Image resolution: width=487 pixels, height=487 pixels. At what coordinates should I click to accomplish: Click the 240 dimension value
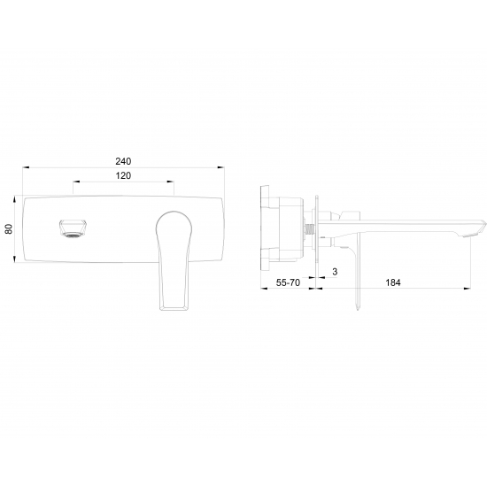click(123, 161)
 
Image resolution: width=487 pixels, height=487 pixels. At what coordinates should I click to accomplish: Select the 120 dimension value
click(123, 176)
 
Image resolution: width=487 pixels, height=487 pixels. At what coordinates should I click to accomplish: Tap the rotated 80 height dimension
click(9, 229)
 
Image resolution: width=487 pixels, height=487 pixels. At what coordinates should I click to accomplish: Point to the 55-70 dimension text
click(288, 282)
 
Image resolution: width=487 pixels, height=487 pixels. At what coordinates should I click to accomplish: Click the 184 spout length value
click(393, 282)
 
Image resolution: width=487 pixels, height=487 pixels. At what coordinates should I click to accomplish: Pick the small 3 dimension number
click(335, 272)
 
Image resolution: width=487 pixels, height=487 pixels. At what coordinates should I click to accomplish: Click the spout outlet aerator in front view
click(73, 229)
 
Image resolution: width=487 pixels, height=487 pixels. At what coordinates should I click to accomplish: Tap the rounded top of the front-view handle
click(174, 213)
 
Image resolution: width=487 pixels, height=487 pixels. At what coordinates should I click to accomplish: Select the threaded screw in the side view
click(310, 230)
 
